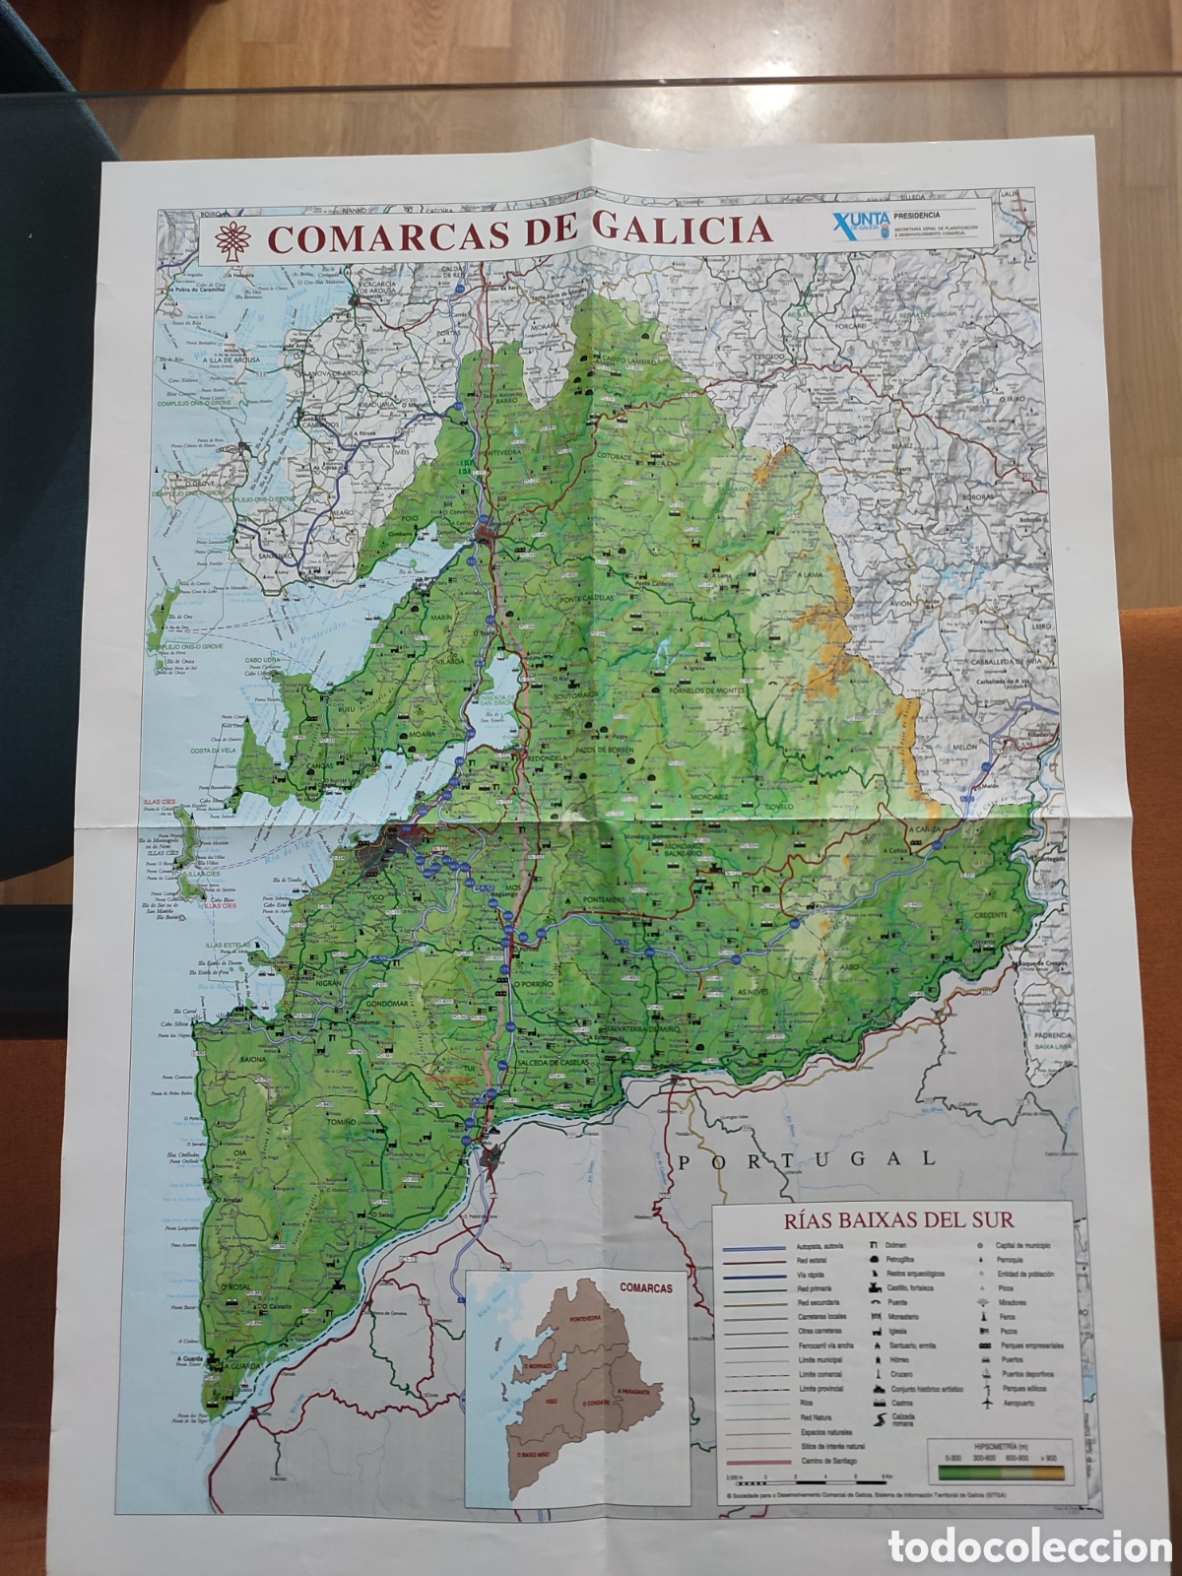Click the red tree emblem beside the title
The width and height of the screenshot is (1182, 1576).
click(x=233, y=238)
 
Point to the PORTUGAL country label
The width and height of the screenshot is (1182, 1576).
click(x=806, y=1159)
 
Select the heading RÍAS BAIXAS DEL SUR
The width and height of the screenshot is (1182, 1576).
click(x=898, y=1219)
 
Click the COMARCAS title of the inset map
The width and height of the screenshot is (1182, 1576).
click(x=646, y=1287)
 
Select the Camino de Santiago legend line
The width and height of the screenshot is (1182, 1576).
click(x=756, y=1460)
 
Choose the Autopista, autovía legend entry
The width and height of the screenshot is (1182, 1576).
click(x=756, y=1247)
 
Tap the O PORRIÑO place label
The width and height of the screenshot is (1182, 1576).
click(x=536, y=983)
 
